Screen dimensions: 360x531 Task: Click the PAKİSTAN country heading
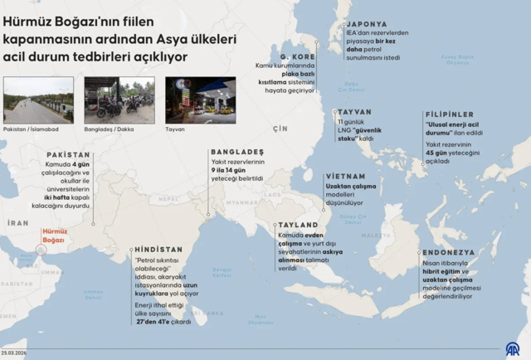tap(68, 155)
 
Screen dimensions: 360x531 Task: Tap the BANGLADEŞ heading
tap(237, 152)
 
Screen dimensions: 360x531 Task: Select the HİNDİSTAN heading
tap(158, 249)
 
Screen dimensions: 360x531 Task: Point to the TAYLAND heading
tap(299, 225)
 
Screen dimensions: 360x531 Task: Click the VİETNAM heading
tap(345, 177)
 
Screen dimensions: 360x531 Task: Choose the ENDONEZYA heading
tap(448, 251)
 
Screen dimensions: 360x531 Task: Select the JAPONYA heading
tap(366, 23)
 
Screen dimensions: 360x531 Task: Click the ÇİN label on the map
tap(280, 128)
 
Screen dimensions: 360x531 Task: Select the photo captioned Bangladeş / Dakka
tap(119, 100)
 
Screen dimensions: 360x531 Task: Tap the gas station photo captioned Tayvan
tap(200, 100)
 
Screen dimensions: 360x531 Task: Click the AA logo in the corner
tap(514, 349)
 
